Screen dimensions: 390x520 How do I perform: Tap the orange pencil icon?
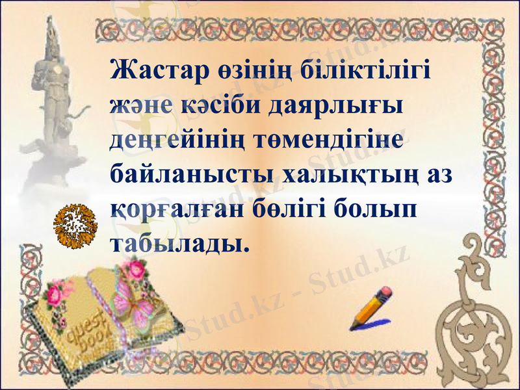371,308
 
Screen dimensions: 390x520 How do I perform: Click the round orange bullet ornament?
75,225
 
